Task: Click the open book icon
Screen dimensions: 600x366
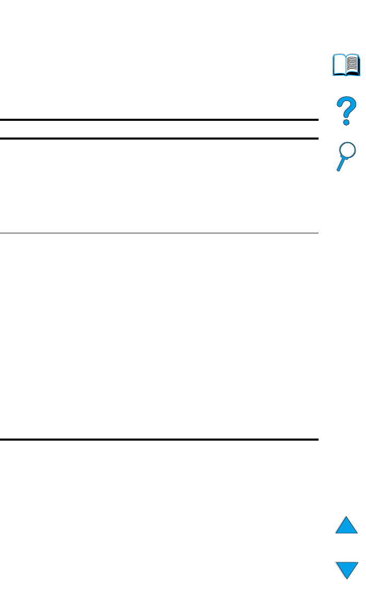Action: (x=346, y=66)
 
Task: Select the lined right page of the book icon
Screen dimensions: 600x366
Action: (x=353, y=65)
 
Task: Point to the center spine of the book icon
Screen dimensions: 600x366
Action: (x=346, y=67)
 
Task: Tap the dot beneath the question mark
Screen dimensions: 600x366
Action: (x=346, y=121)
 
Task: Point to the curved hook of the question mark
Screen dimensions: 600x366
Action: (x=347, y=105)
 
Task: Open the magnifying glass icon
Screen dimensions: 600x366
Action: (x=346, y=156)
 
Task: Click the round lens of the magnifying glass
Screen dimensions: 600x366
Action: (x=348, y=152)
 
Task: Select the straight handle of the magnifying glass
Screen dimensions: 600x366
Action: (x=340, y=165)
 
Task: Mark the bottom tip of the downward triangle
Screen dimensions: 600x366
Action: (x=347, y=578)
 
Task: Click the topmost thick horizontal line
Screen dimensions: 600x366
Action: (x=159, y=120)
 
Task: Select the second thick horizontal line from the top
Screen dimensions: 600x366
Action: (x=159, y=139)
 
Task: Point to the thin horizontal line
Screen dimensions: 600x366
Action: (x=159, y=233)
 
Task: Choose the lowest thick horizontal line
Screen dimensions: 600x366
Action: (x=159, y=440)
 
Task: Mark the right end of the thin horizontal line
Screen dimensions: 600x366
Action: (x=317, y=233)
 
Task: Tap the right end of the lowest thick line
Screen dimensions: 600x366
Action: (x=317, y=440)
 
